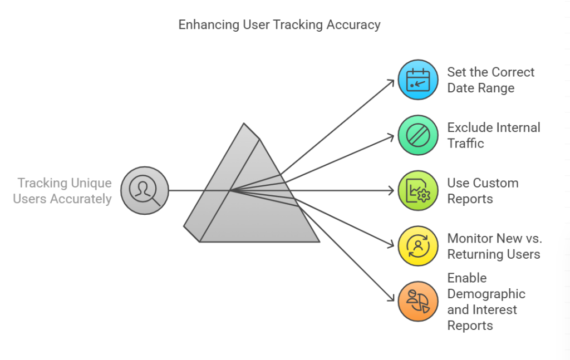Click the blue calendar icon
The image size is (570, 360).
point(418,80)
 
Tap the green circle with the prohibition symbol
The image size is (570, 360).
point(418,135)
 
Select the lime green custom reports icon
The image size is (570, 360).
point(418,191)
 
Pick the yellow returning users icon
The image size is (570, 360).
point(418,246)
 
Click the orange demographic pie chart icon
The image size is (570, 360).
point(418,302)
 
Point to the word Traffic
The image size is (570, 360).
point(466,144)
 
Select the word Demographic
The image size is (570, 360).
point(487,294)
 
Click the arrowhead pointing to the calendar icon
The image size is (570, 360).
point(391,82)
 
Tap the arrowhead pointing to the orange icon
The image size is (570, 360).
point(390,299)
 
